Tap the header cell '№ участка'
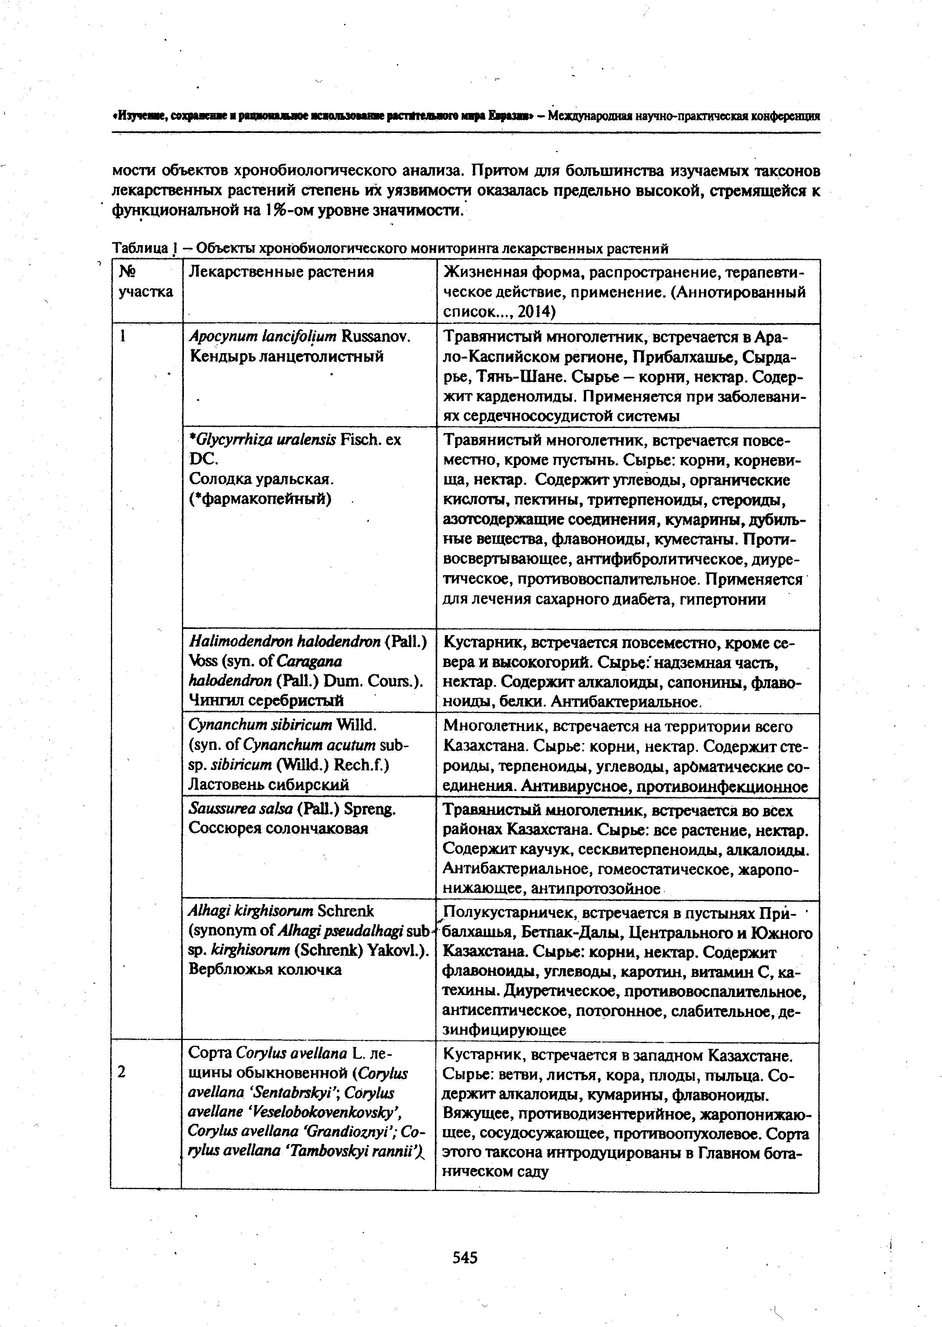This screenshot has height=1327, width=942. tap(145, 282)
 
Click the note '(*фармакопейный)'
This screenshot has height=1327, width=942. tap(260, 499)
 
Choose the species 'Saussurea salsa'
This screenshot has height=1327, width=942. tap(240, 809)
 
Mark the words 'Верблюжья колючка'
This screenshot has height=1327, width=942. tap(265, 969)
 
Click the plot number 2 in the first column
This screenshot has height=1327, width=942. tap(121, 1072)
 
